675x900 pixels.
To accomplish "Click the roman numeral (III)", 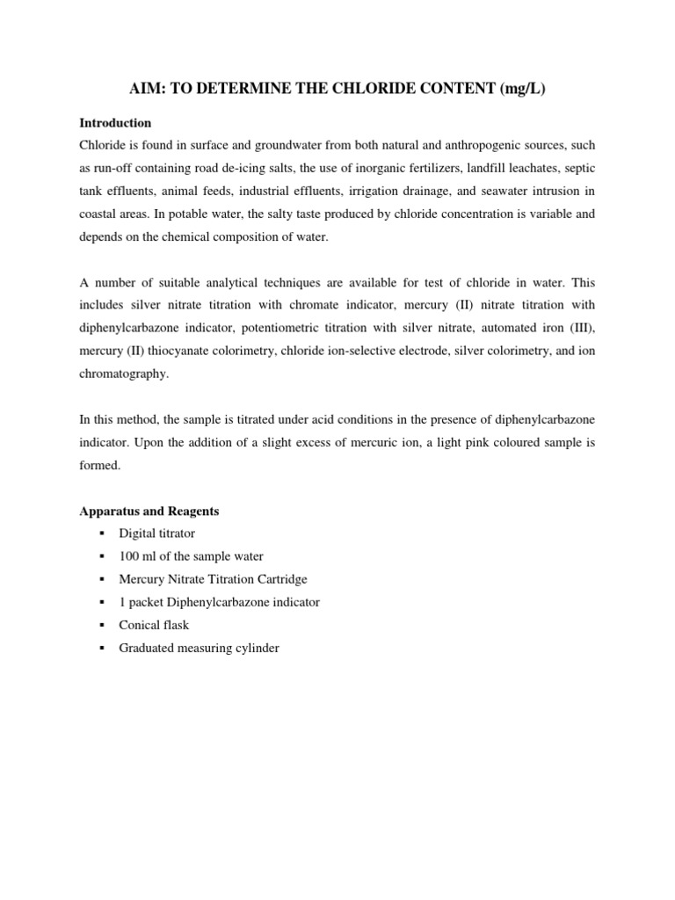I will tap(577, 328).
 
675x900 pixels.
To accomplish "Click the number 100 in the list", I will tap(128, 556).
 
